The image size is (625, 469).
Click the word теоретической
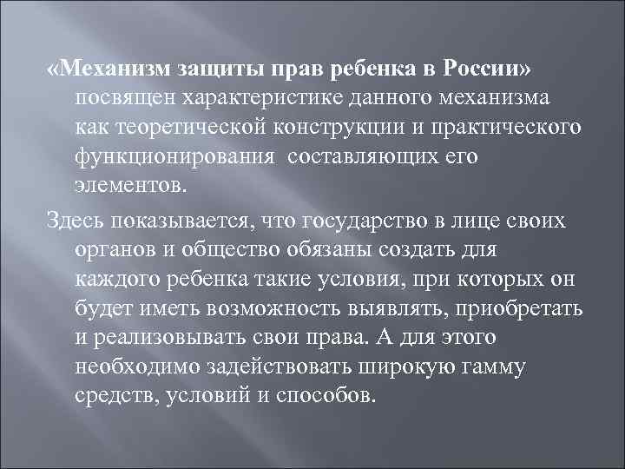pyautogui.click(x=192, y=128)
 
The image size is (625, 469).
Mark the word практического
pyautogui.click(x=513, y=128)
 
